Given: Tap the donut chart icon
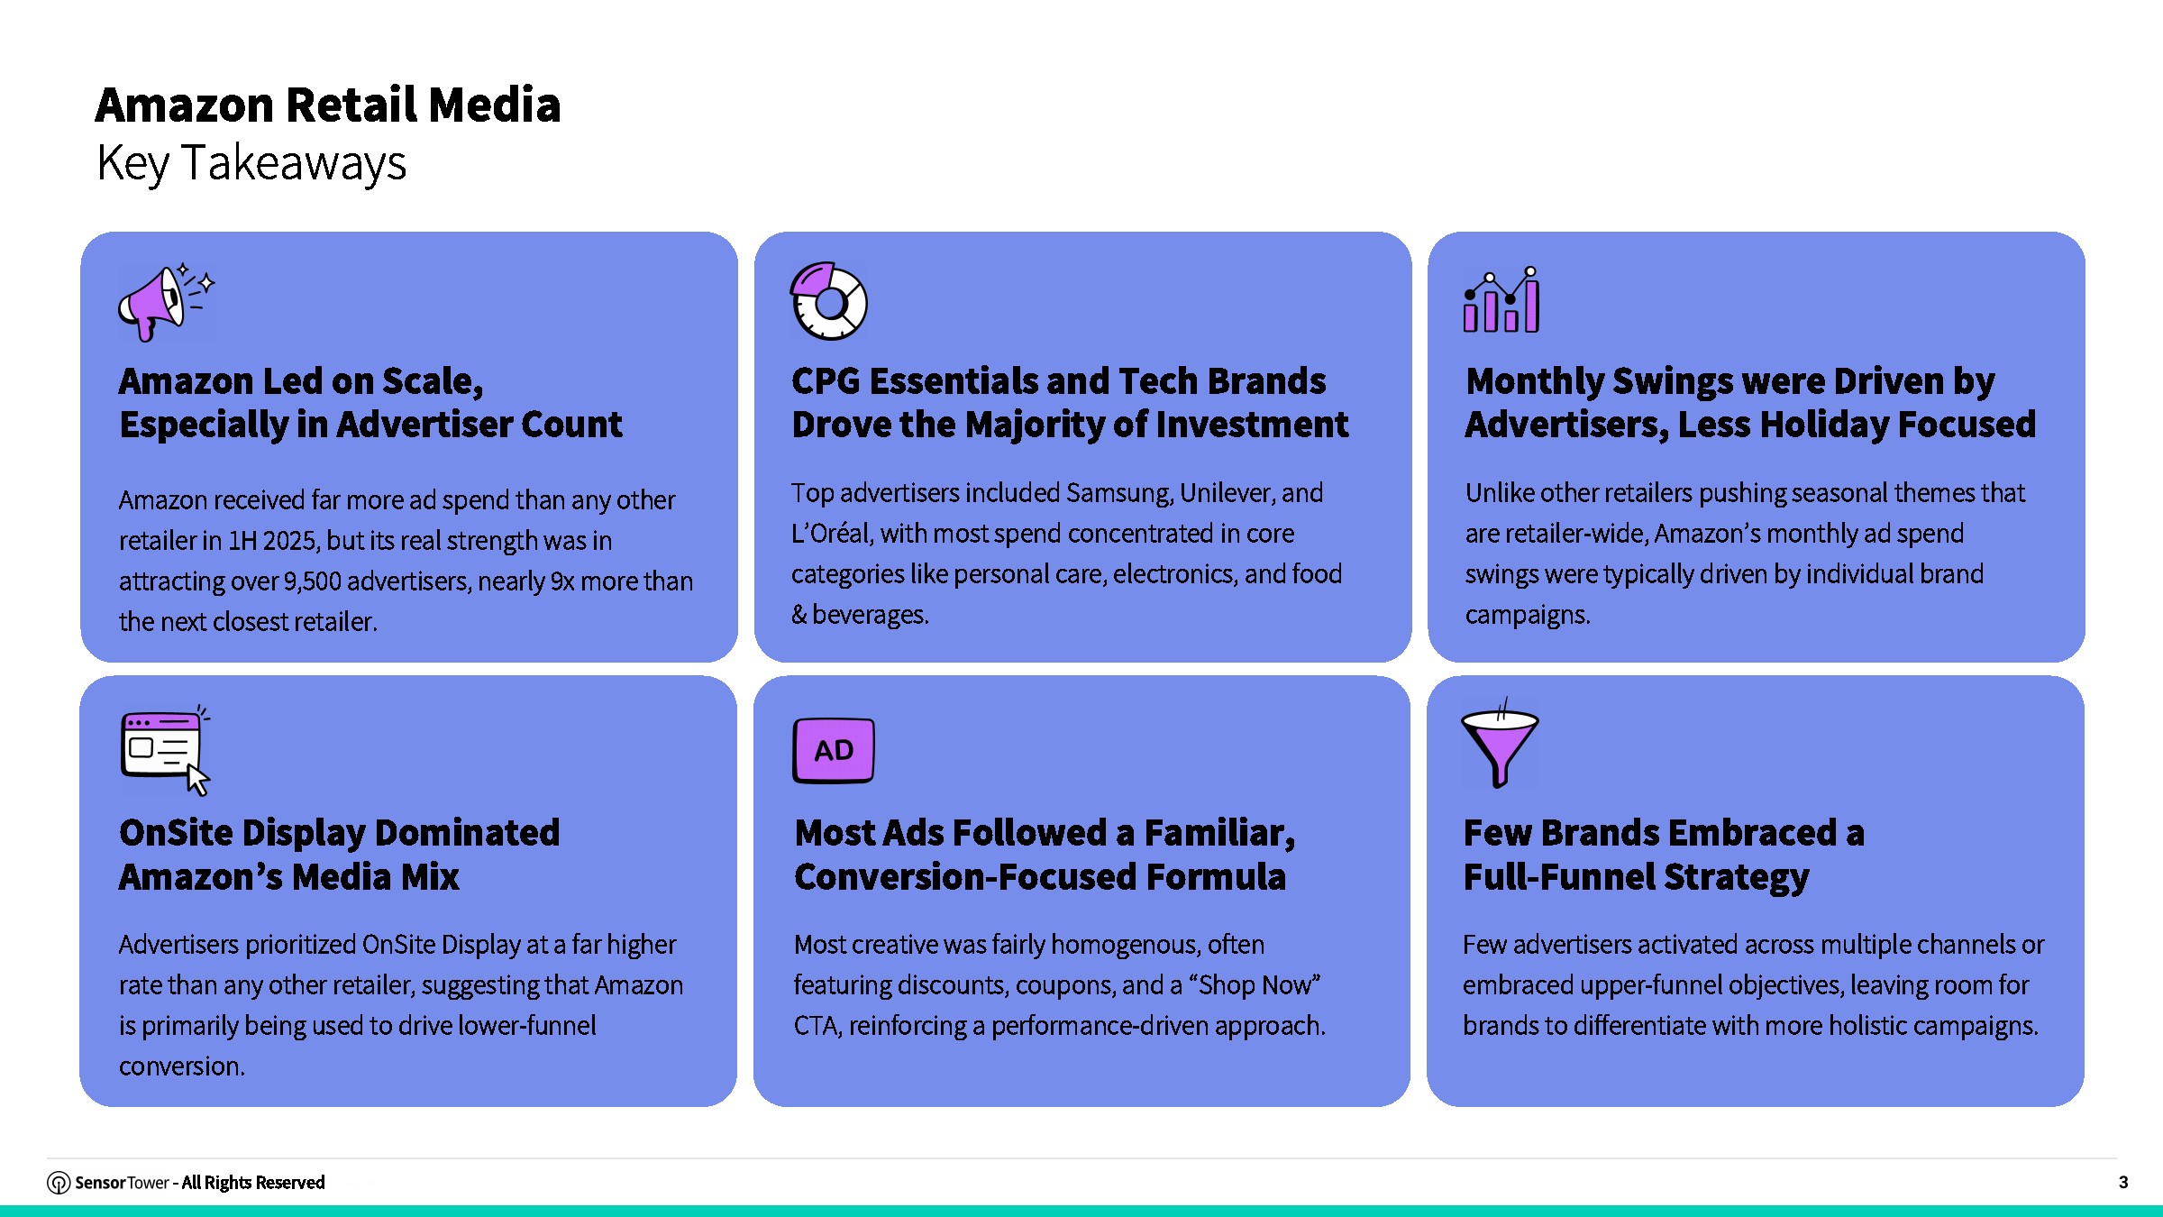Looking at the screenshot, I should (x=828, y=301).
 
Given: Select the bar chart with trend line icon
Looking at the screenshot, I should (x=1501, y=300).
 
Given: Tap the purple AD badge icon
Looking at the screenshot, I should (x=833, y=750).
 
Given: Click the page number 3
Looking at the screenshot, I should (x=2122, y=1182).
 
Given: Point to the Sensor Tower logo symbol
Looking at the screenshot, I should (x=59, y=1183).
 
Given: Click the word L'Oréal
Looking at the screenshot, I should (x=832, y=534).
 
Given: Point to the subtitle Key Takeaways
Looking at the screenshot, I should (x=251, y=163).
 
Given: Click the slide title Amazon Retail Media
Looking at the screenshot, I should (x=328, y=105).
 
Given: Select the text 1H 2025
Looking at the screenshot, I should (x=273, y=541).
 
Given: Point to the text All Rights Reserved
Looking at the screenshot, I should (x=253, y=1183).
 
